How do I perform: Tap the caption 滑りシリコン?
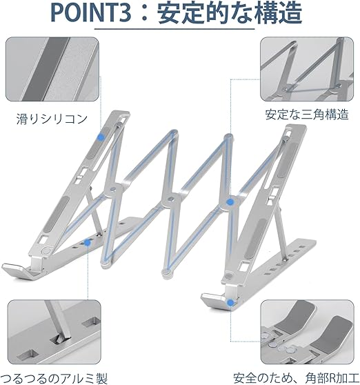[x=52, y=119]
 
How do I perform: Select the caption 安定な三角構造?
[x=307, y=115]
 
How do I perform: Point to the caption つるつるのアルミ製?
[x=54, y=378]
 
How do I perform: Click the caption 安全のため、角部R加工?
[x=297, y=378]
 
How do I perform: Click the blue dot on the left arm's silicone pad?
[x=101, y=137]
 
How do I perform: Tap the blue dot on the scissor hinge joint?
[x=230, y=202]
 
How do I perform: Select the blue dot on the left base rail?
[x=87, y=243]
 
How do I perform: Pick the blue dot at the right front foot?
[x=230, y=302]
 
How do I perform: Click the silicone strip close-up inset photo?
[x=52, y=69]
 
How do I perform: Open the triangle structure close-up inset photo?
[x=307, y=69]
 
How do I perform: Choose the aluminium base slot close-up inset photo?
[x=54, y=332]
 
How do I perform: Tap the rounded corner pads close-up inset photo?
[x=307, y=332]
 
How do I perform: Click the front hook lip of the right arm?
[x=214, y=300]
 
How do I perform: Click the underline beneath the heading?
[x=174, y=29]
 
